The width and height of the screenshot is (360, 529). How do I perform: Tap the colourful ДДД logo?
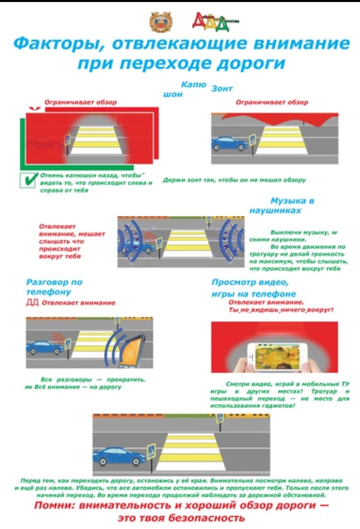[215, 20]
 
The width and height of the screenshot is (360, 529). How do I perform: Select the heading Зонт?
[222, 89]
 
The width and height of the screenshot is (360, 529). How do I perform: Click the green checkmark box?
[26, 180]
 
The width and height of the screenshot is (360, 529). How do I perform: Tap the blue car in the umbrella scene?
[229, 143]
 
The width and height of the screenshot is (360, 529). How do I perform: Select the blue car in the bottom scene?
[119, 455]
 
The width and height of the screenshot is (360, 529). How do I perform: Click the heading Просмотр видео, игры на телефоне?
[253, 288]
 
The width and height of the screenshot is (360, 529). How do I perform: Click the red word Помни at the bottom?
[54, 506]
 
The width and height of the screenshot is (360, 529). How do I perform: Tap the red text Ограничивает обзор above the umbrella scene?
[271, 102]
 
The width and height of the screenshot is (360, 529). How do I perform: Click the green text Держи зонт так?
[234, 179]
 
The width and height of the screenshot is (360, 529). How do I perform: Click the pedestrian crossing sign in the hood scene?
[67, 140]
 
